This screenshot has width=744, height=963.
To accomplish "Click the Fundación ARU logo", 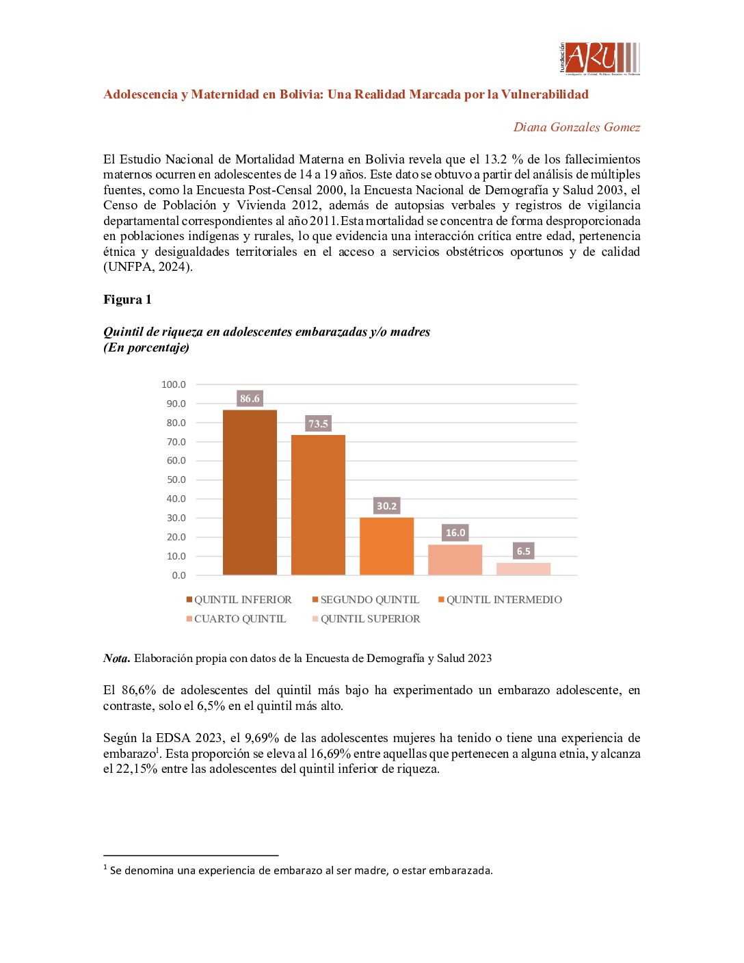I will (x=599, y=58).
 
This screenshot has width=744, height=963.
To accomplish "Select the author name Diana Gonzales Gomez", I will (x=576, y=127).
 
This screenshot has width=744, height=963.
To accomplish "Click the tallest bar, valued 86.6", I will (x=250, y=492).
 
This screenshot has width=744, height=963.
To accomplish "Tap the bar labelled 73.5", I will (x=318, y=505).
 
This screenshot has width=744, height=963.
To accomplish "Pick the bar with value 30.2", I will (x=386, y=546).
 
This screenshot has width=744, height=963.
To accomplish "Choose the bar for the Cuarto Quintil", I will (x=455, y=559).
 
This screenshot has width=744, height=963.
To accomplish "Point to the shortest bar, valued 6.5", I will (x=523, y=568).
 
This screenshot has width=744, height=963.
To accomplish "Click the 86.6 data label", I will (x=250, y=398).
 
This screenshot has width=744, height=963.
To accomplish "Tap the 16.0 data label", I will (x=455, y=532).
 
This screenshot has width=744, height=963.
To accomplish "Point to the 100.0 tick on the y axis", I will (x=174, y=384).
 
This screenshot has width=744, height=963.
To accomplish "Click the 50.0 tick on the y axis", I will (x=176, y=479).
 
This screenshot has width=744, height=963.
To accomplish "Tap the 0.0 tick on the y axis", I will (x=178, y=575).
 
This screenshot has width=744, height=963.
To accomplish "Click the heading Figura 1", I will (x=127, y=300).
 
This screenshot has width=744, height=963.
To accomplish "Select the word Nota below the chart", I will (x=116, y=658).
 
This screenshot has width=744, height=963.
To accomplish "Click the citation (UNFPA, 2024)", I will (x=148, y=267).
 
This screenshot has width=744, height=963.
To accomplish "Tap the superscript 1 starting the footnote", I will (x=105, y=868).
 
